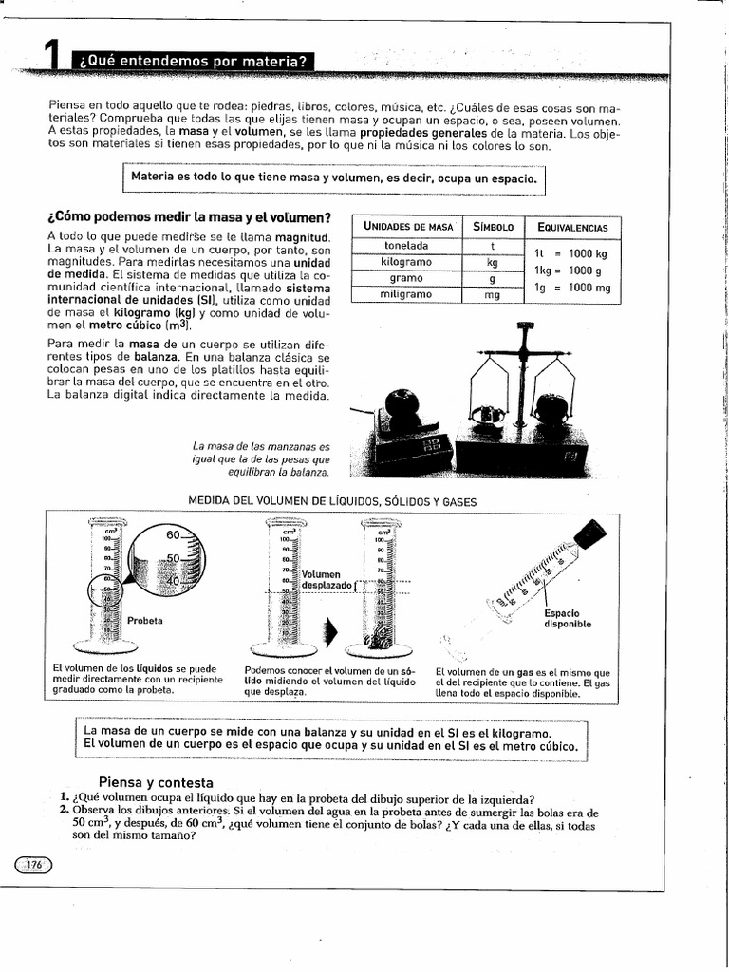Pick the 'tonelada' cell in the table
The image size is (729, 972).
pyautogui.click(x=405, y=246)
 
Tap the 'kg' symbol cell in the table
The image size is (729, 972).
pyautogui.click(x=492, y=262)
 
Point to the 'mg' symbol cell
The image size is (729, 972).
pyautogui.click(x=492, y=295)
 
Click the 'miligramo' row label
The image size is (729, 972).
pyautogui.click(x=405, y=295)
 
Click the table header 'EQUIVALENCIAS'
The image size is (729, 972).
pyautogui.click(x=572, y=227)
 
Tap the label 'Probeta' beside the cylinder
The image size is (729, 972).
pyautogui.click(x=145, y=621)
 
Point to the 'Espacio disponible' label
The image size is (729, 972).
pyautogui.click(x=568, y=618)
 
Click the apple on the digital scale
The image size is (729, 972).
pyautogui.click(x=402, y=406)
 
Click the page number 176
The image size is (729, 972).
pyautogui.click(x=35, y=864)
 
